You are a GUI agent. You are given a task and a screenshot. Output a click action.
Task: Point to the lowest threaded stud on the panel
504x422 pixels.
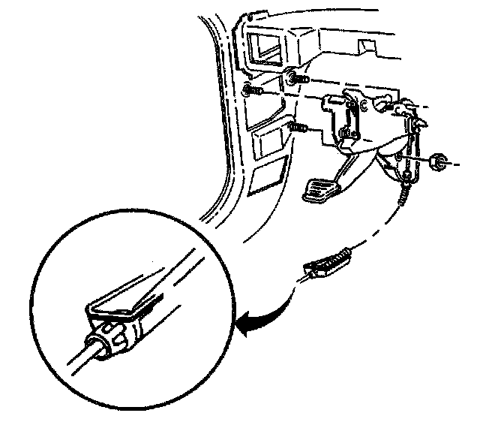[297, 128]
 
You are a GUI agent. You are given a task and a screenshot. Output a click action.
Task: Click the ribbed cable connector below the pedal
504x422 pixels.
[328, 264]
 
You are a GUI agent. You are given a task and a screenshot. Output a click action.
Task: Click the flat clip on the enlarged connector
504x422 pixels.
[120, 305]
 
